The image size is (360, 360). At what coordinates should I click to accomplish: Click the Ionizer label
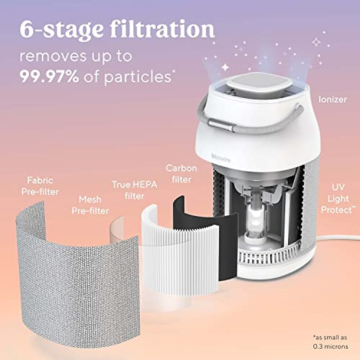pyautogui.click(x=332, y=99)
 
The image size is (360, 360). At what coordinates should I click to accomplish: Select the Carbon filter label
pyautogui.click(x=181, y=174)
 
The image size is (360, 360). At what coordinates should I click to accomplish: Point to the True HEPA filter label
pyautogui.click(x=134, y=190)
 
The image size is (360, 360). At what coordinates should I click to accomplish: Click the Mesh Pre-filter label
pyautogui.click(x=90, y=205)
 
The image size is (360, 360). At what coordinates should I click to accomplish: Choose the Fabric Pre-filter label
pyautogui.click(x=40, y=186)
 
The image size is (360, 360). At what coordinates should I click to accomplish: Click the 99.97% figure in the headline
pyautogui.click(x=49, y=77)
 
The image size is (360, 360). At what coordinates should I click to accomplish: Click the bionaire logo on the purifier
pyautogui.click(x=221, y=158)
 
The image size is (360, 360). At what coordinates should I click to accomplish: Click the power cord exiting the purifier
pyautogui.click(x=336, y=238)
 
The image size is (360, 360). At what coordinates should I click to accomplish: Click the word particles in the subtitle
pyautogui.click(x=137, y=77)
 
